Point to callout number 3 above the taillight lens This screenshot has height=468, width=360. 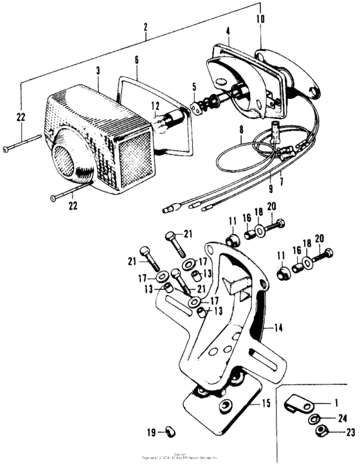tap(98, 71)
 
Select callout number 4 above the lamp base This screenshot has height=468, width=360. tap(228, 30)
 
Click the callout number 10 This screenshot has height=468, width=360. tap(260, 20)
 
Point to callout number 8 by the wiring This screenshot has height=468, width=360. tap(240, 137)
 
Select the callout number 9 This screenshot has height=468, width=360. tap(271, 189)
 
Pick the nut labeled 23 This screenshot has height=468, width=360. tap(326, 432)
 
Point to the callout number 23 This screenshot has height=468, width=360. tap(350, 433)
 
